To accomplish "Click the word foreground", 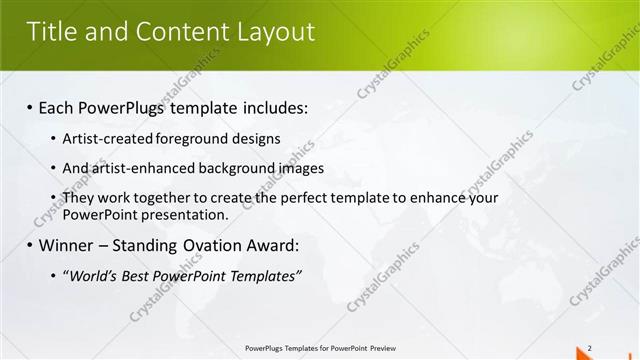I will (187, 138).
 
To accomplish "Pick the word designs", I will (252, 138).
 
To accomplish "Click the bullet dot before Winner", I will (29, 245).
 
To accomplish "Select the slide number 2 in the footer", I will (590, 348).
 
